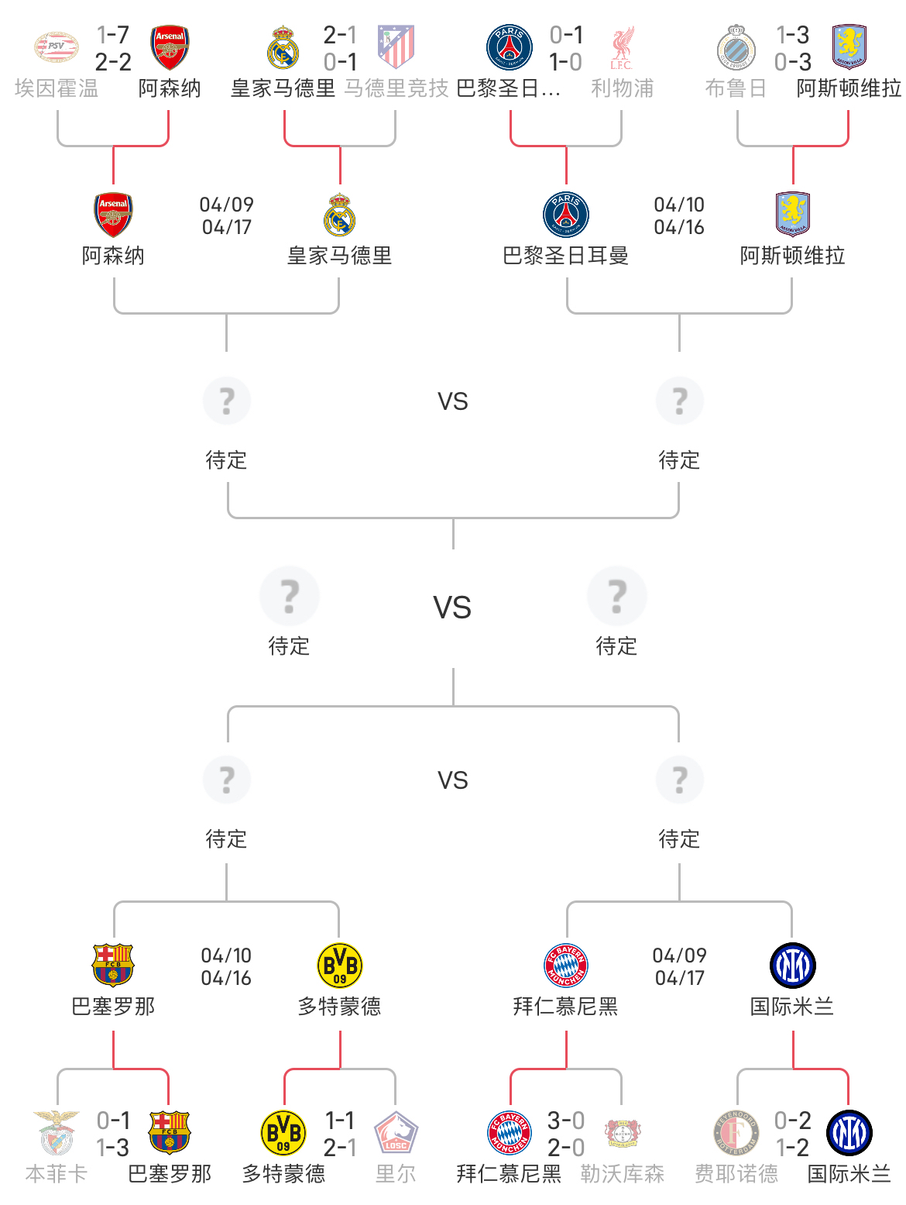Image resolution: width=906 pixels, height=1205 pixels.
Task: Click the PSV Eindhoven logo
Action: tap(57, 46)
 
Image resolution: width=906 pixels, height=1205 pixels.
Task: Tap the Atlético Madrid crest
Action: tap(396, 46)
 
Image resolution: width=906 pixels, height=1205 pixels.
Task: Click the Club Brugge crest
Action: tap(736, 46)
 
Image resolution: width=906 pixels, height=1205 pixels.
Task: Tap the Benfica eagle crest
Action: tap(57, 1132)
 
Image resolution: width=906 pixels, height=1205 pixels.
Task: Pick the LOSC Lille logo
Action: tap(396, 1132)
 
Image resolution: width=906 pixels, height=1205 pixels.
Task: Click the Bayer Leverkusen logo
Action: tap(622, 1132)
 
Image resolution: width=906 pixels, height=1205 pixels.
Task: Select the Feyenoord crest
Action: tap(736, 1132)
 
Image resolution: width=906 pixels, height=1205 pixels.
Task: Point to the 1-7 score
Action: tap(113, 35)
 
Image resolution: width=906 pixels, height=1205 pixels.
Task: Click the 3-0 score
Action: tap(566, 1121)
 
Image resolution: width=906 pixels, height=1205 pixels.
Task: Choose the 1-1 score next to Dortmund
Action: tap(340, 1121)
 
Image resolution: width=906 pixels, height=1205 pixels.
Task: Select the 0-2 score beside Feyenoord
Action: tap(792, 1121)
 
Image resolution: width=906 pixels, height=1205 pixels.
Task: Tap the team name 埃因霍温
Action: tap(57, 88)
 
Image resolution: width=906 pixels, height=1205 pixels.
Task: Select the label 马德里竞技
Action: tap(396, 88)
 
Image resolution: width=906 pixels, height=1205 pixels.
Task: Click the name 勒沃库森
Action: tap(622, 1174)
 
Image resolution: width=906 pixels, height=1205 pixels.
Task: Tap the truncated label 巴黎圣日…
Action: tap(508, 88)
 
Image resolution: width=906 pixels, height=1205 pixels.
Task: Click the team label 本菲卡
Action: tap(57, 1174)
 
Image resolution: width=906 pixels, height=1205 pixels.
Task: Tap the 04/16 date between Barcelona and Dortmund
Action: tap(226, 978)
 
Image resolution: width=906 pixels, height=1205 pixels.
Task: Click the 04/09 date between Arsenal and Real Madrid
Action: tap(226, 205)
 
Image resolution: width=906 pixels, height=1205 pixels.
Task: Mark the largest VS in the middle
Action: tap(452, 608)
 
